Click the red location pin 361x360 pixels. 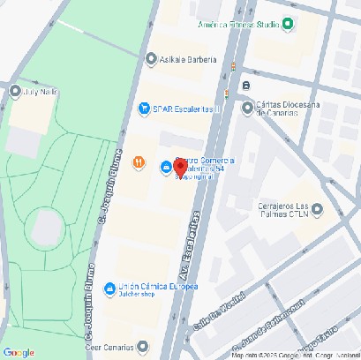(179, 167)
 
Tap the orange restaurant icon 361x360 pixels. (139, 161)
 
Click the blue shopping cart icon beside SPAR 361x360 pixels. (144, 109)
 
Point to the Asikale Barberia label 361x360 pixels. (188, 59)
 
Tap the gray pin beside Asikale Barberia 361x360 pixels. (151, 59)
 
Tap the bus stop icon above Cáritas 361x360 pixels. (246, 86)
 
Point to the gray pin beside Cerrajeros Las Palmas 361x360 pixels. (318, 209)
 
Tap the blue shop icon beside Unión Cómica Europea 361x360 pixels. (109, 288)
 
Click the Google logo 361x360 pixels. (19, 352)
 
